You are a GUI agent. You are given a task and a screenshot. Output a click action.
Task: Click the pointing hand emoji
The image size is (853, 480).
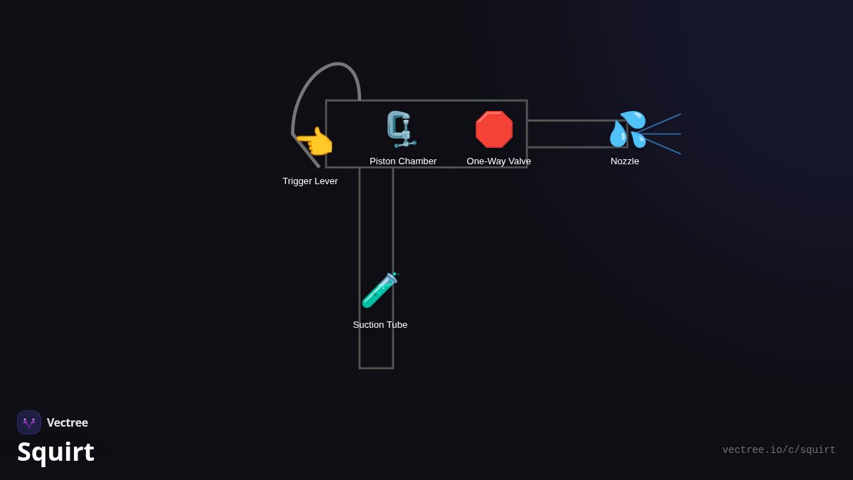314,142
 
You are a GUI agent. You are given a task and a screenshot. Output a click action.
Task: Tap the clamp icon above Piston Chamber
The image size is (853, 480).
402,129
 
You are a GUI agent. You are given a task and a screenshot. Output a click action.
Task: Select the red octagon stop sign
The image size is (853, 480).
494,129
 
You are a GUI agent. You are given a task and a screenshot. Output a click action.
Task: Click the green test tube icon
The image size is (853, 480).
380,290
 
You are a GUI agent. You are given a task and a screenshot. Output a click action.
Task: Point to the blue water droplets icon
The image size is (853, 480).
628,129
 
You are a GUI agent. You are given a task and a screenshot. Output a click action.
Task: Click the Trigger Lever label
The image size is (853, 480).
310,181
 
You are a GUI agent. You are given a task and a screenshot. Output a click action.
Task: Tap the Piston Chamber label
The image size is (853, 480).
403,161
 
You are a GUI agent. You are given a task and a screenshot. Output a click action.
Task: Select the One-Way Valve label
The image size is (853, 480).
498,161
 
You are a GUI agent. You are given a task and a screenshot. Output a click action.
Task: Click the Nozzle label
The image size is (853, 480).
625,161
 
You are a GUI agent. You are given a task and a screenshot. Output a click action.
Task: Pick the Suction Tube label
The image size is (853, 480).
380,324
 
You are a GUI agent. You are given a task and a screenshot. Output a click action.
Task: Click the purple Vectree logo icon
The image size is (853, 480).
29,422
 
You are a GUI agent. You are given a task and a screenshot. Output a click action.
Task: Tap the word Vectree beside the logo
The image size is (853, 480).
68,422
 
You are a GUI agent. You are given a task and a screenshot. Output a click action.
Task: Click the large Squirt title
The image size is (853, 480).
55,452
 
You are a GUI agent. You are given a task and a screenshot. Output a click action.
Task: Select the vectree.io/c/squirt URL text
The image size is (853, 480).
779,450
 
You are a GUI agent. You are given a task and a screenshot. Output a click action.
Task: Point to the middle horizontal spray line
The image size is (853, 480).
659,134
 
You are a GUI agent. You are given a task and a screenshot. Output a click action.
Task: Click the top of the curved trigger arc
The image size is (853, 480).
338,63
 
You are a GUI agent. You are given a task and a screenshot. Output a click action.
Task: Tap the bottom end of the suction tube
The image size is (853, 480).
376,368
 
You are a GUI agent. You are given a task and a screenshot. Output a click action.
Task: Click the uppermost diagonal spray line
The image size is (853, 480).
659,123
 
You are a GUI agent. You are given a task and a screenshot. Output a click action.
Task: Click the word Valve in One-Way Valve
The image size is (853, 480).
520,161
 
